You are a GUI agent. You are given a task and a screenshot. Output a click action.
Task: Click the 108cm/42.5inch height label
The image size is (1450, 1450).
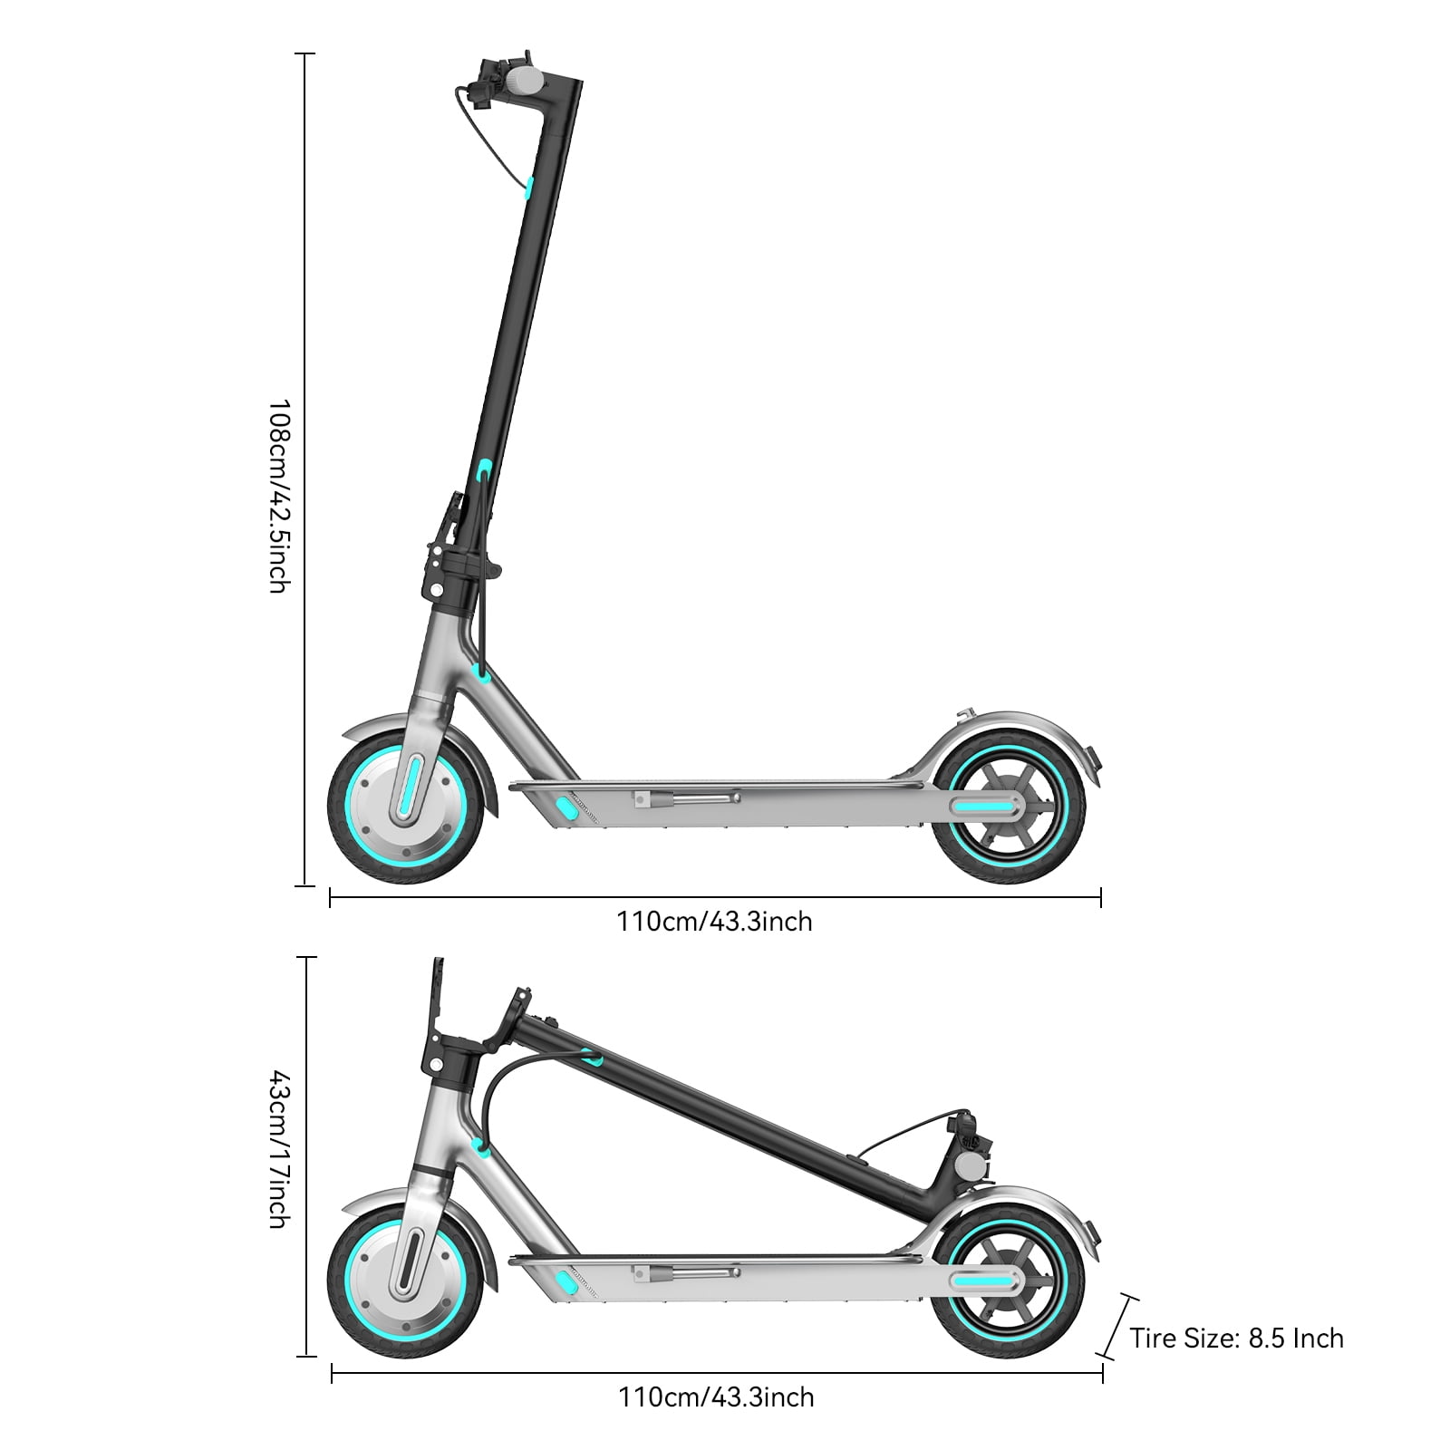278,496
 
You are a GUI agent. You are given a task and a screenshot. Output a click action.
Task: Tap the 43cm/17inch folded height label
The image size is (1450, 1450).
278,1149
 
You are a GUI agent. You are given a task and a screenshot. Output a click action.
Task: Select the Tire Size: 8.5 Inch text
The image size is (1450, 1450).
1237,1338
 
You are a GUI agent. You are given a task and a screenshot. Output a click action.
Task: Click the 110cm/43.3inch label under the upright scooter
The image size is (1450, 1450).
714,922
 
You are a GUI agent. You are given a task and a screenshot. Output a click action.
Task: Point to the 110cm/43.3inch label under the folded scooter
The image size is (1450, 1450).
716,1397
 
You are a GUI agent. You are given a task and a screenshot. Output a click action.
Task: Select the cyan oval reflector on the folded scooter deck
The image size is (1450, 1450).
566,1281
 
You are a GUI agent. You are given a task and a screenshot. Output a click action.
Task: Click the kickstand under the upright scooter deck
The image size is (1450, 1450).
686,798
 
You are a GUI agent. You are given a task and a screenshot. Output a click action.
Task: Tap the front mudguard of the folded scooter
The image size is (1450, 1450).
412,1210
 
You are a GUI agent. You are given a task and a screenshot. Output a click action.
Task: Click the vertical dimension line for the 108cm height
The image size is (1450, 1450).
305,469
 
